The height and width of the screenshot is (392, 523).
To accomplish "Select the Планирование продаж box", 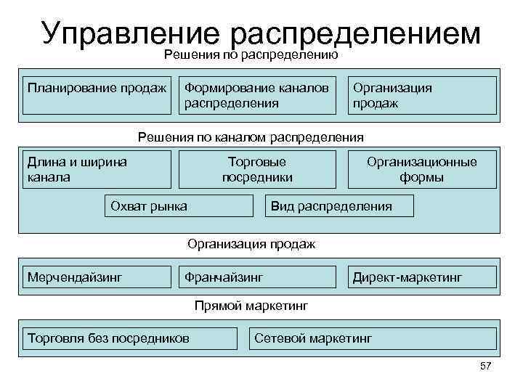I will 95,95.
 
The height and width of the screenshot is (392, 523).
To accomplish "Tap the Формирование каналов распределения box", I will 257,95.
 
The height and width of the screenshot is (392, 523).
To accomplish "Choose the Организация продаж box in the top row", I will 422,95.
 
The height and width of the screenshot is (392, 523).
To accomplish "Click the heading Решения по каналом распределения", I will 251,136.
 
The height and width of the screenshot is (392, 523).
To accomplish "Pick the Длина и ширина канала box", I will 97,169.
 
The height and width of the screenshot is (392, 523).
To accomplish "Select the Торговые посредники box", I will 257,169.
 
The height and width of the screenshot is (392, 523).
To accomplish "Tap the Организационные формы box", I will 422,169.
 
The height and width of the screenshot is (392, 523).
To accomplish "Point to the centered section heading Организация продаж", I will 251,244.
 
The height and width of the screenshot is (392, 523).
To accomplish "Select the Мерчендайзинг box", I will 95,277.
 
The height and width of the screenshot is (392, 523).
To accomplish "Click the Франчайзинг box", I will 257,277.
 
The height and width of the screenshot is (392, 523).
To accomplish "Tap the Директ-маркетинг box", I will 422,277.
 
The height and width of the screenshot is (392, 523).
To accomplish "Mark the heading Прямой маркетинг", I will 251,306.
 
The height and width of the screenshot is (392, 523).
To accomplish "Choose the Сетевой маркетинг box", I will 373,338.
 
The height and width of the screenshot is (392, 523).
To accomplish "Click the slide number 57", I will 486,366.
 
